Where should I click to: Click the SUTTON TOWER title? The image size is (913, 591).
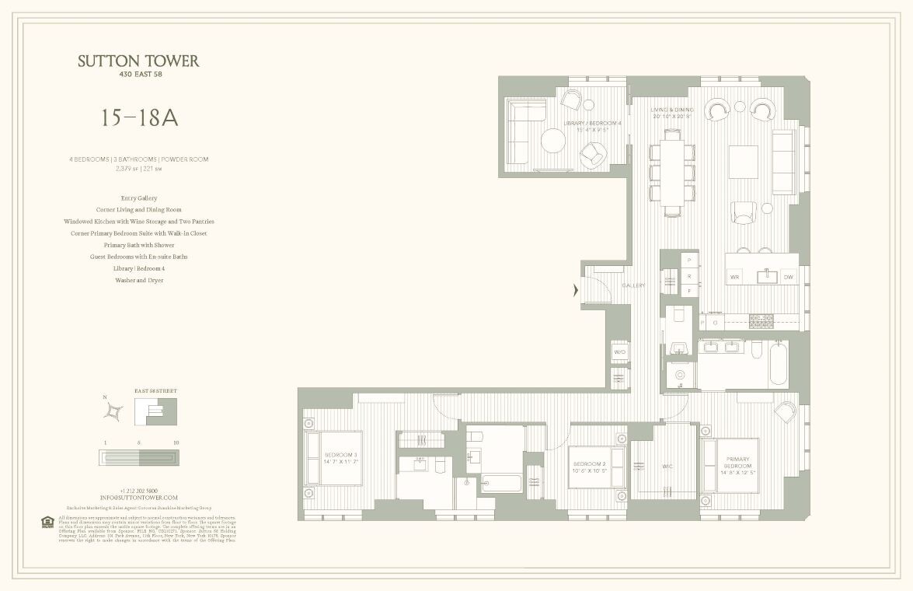pyautogui.click(x=138, y=61)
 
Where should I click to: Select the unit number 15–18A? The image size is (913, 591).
pyautogui.click(x=139, y=117)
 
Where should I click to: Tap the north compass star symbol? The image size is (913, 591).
pyautogui.click(x=114, y=411)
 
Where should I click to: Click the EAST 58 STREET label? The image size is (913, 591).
pyautogui.click(x=155, y=390)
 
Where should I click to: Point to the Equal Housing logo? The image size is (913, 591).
pyautogui.click(x=47, y=522)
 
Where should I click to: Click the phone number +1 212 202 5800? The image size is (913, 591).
pyautogui.click(x=138, y=490)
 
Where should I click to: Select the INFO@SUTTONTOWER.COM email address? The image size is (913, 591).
pyautogui.click(x=138, y=498)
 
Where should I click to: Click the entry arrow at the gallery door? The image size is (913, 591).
pyautogui.click(x=575, y=290)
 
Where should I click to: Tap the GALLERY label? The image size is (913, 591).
pyautogui.click(x=633, y=286)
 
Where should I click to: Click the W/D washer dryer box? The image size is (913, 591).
pyautogui.click(x=620, y=352)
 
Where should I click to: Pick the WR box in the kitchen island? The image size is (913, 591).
pyautogui.click(x=734, y=277)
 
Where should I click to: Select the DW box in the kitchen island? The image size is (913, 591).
pyautogui.click(x=788, y=277)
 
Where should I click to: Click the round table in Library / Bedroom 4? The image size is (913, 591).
pyautogui.click(x=553, y=141)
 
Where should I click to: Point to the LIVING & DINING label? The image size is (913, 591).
pyautogui.click(x=671, y=110)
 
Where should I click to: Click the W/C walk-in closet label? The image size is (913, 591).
pyautogui.click(x=667, y=467)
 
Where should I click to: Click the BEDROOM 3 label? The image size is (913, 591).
pyautogui.click(x=341, y=455)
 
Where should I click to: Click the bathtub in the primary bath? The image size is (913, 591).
pyautogui.click(x=779, y=365)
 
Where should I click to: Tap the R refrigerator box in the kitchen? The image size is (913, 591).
pyautogui.click(x=688, y=275)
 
